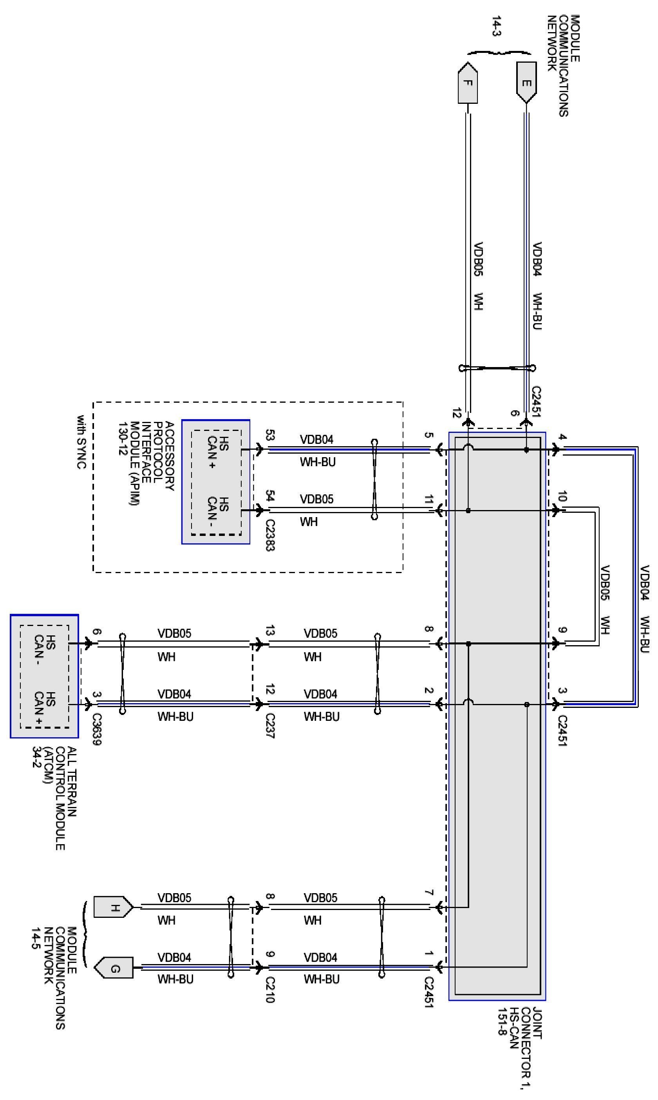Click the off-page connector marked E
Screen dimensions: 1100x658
point(526,82)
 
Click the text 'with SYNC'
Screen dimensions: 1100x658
point(81,442)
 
